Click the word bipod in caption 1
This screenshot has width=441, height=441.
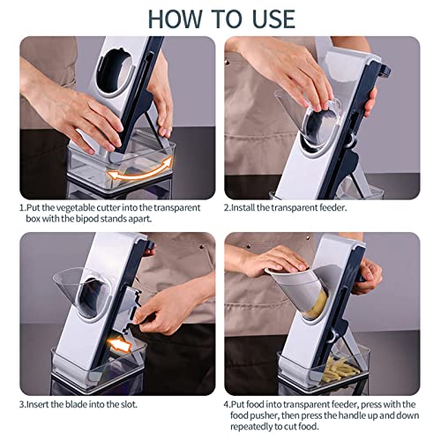click(86, 218)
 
